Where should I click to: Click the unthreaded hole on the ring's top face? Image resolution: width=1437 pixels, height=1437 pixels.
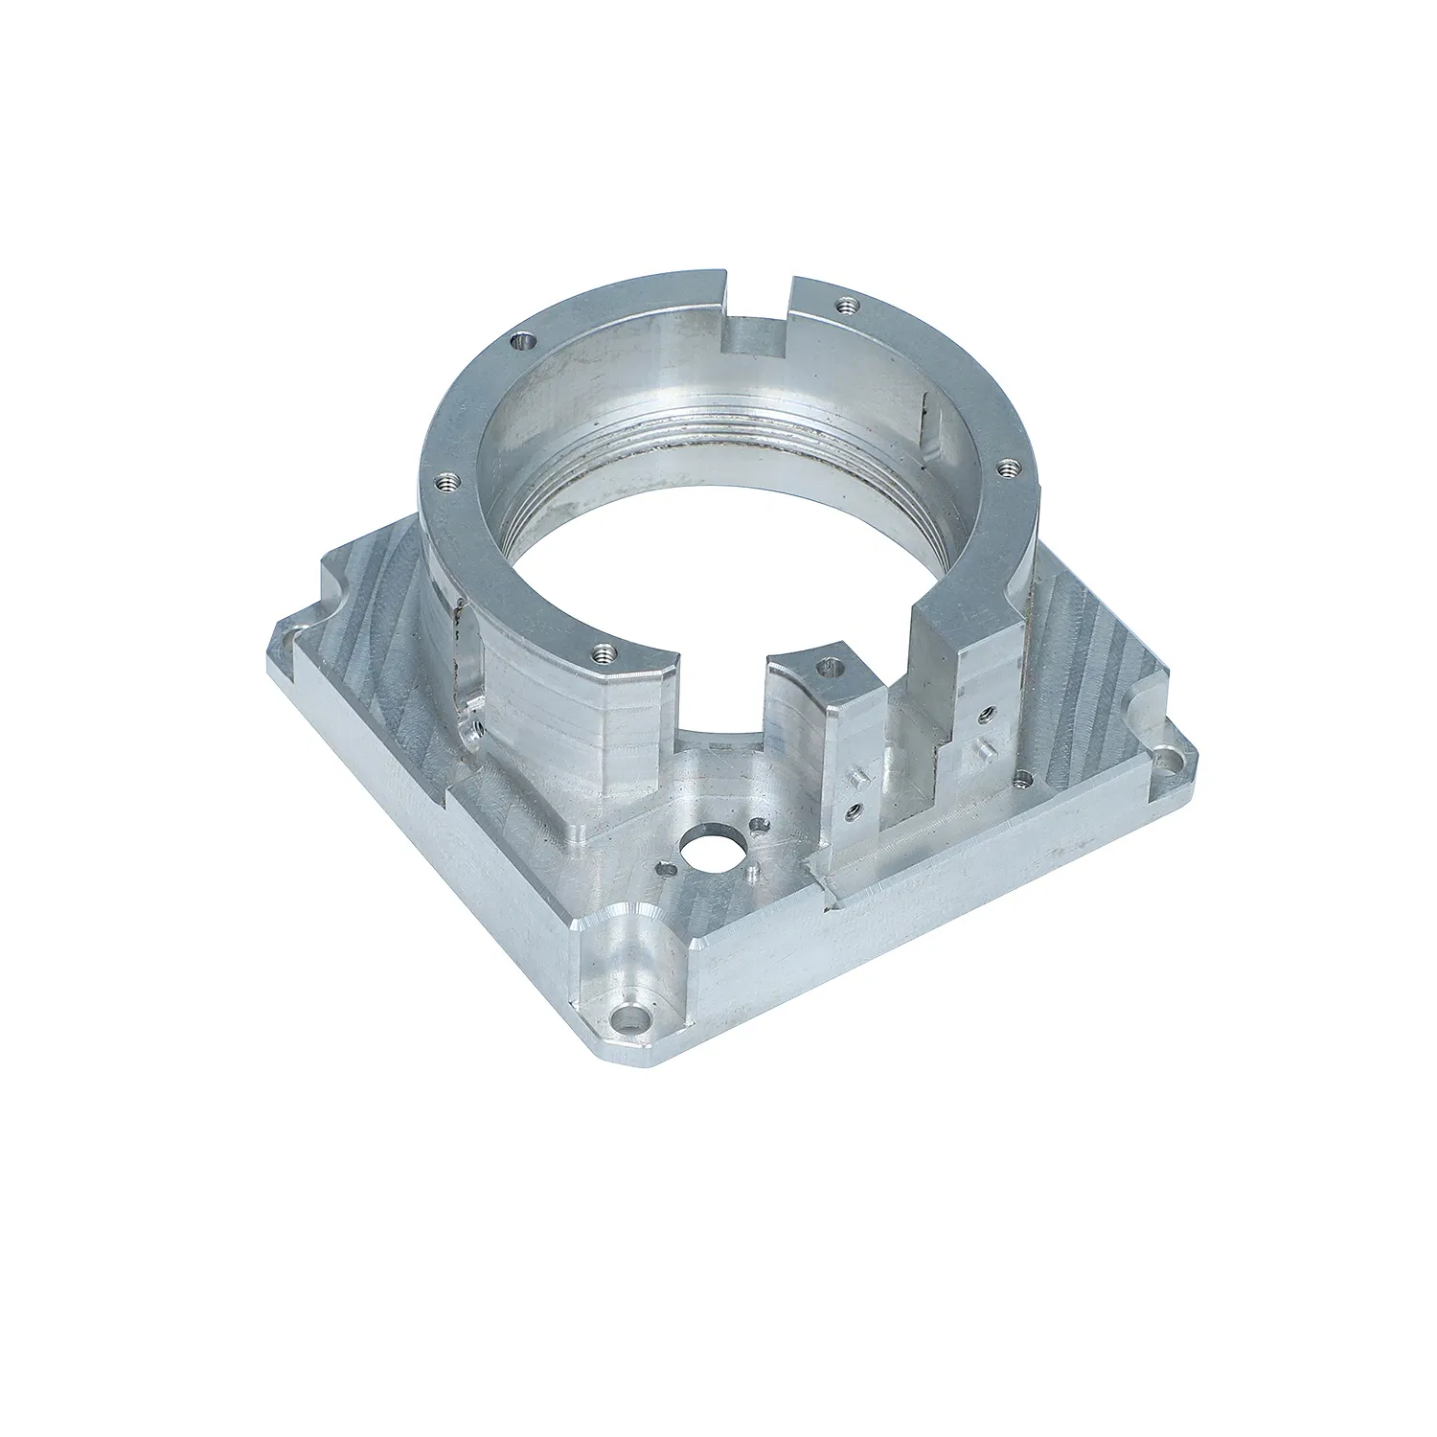[521, 339]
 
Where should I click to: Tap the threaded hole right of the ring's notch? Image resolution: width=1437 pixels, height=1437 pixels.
[845, 307]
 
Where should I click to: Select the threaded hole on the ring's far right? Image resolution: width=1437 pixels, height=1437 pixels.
[1006, 468]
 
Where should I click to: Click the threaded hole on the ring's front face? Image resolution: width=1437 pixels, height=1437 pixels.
[602, 653]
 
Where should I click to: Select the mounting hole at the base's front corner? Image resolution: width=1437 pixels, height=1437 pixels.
[628, 1015]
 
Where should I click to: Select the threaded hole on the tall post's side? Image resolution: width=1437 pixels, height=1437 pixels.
[986, 713]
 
